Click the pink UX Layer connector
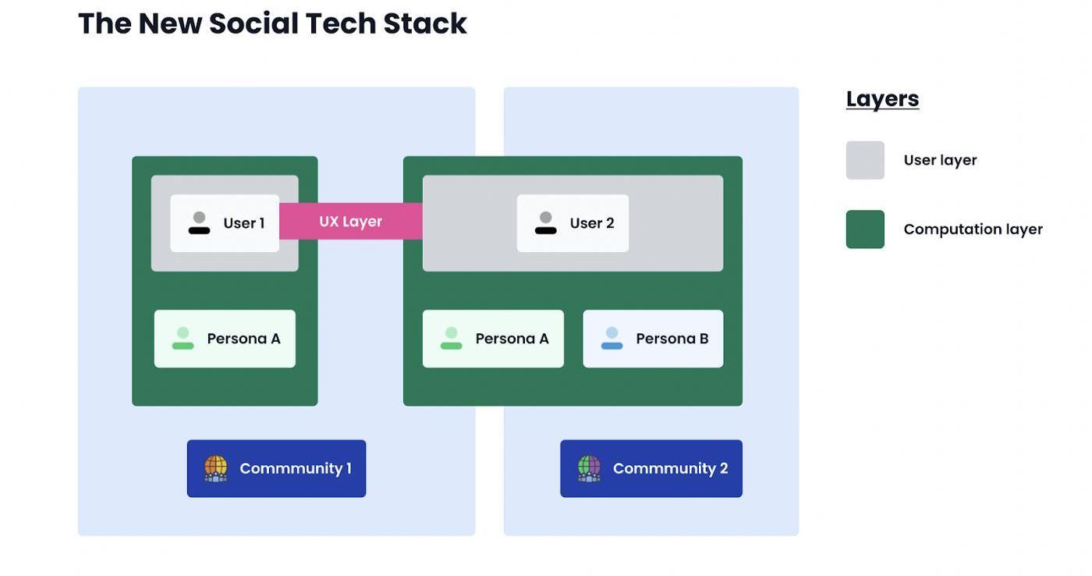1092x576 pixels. tap(350, 222)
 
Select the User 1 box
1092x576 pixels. tap(225, 223)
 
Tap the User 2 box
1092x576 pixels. tap(573, 223)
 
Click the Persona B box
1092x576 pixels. tap(653, 339)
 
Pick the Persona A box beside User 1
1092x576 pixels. tap(225, 339)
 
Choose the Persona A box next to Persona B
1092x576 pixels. tap(493, 339)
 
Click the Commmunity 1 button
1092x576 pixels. tap(276, 468)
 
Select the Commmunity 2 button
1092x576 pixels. tap(651, 468)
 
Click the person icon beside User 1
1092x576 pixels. tap(199, 223)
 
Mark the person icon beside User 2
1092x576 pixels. tap(545, 223)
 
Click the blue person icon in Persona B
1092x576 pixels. tap(612, 339)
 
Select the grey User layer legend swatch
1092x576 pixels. tap(865, 160)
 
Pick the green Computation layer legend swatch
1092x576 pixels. tap(865, 229)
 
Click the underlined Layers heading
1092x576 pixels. tap(882, 99)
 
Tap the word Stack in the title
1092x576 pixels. tap(424, 23)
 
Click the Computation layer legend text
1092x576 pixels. tap(973, 229)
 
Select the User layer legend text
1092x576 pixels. tap(940, 160)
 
